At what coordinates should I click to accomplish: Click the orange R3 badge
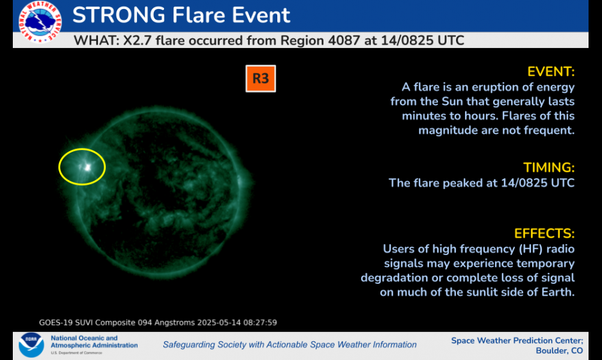[260, 79]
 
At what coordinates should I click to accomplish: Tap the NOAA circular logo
[31, 344]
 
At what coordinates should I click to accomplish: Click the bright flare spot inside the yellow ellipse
[86, 167]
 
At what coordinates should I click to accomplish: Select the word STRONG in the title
[117, 15]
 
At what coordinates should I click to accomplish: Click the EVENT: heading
[551, 71]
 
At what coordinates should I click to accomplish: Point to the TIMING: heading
[549, 167]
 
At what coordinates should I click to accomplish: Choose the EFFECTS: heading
[544, 233]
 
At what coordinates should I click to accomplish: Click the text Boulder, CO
[559, 350]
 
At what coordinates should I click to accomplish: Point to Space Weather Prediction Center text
[517, 340]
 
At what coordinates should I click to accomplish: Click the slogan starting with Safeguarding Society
[289, 345]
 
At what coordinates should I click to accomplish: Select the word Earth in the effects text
[557, 292]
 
